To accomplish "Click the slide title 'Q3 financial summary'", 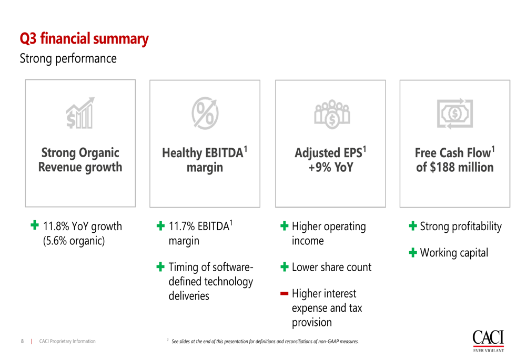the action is [84, 39].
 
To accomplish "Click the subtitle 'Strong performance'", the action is [68, 59].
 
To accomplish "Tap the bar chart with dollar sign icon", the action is [80, 113].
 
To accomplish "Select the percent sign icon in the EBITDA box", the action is [205, 113].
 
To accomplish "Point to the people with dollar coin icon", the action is [332, 114].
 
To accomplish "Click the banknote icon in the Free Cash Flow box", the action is [455, 114].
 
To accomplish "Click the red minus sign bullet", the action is [284, 294].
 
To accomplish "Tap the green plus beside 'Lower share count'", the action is [284, 267].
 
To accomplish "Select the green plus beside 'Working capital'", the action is [413, 252].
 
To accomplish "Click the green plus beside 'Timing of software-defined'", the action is [160, 267].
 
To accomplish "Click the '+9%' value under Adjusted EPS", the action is [320, 167].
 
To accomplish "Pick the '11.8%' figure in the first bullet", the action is [56, 227].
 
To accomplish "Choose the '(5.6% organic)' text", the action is [74, 241].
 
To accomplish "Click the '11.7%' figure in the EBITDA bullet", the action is [181, 227].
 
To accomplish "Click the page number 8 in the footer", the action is [23, 341].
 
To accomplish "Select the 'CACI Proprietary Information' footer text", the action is [67, 341].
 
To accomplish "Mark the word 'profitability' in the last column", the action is [477, 227].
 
